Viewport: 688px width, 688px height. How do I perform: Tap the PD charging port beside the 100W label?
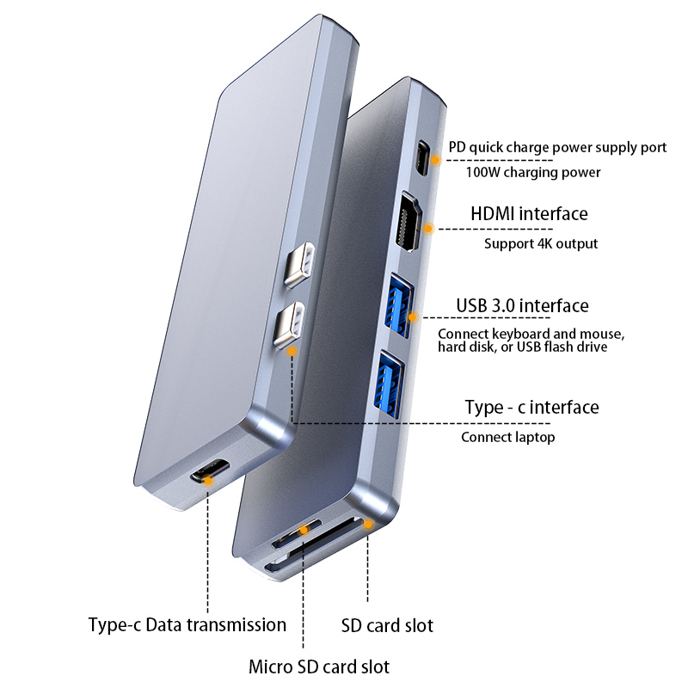click(x=422, y=157)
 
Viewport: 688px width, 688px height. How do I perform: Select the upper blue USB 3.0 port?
click(x=398, y=300)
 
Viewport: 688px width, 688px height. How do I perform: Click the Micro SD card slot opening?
click(x=294, y=537)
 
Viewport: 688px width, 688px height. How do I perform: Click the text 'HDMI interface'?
click(x=529, y=214)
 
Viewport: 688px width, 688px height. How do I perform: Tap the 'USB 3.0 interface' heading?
click(x=522, y=306)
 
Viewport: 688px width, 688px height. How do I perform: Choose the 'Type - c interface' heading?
click(x=531, y=408)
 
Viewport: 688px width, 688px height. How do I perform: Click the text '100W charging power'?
click(x=532, y=172)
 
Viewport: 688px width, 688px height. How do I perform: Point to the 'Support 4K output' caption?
click(x=540, y=243)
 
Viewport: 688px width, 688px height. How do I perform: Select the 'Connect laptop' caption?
click(x=507, y=437)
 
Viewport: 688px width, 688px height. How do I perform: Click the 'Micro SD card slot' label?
click(x=319, y=666)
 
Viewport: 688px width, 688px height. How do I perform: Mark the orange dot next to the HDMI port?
click(x=430, y=228)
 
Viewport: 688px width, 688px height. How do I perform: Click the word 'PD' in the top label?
click(x=458, y=147)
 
